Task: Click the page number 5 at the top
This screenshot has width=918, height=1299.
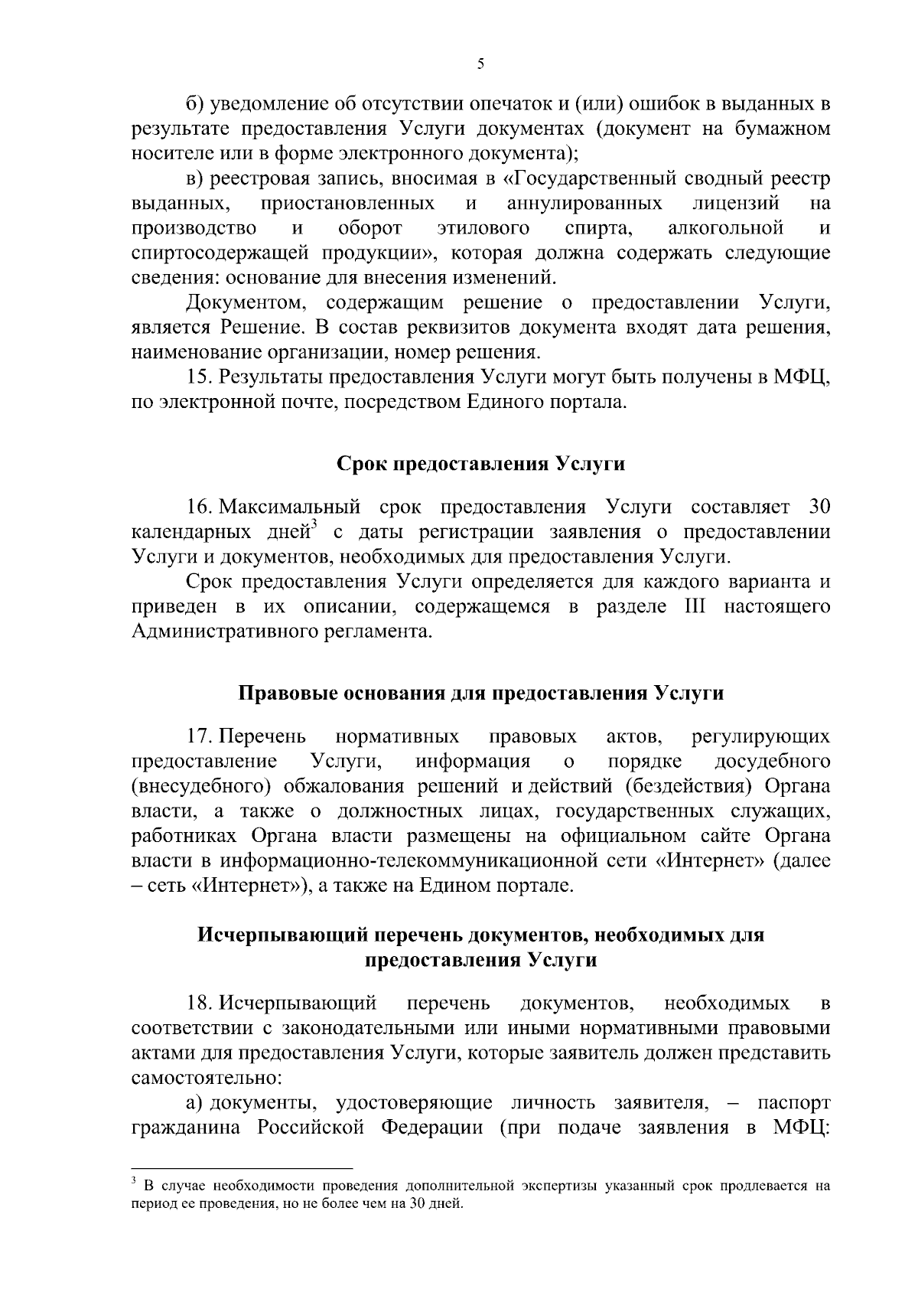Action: click(x=480, y=65)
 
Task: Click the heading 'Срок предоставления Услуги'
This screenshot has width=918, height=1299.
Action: click(x=480, y=465)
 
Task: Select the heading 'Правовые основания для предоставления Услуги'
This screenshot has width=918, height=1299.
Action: click(x=480, y=694)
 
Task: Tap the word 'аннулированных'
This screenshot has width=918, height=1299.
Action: click(x=584, y=204)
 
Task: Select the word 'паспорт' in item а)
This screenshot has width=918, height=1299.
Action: click(x=793, y=1103)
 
